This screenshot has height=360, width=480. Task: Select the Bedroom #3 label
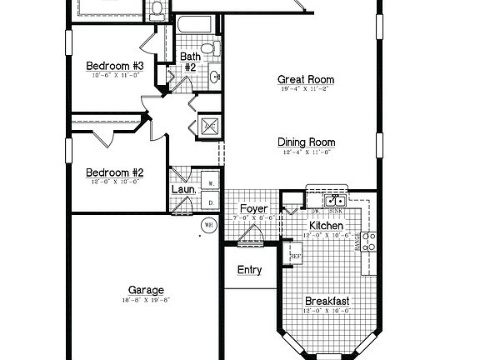[x=115, y=66]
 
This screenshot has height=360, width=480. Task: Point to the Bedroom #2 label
[x=115, y=172]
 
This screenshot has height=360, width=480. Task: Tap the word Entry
[x=249, y=270]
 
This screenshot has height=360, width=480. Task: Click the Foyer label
[x=252, y=208]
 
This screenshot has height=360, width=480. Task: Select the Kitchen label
[x=326, y=226]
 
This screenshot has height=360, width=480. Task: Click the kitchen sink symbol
[x=336, y=200]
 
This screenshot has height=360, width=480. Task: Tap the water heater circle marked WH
[x=207, y=223]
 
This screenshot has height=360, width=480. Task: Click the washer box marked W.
[x=211, y=183]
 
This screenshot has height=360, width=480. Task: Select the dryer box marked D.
[x=211, y=202]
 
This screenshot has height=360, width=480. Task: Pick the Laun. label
[x=184, y=189]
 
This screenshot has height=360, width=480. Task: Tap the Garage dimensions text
[x=147, y=299]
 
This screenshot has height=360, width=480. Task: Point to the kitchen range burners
[x=369, y=242]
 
